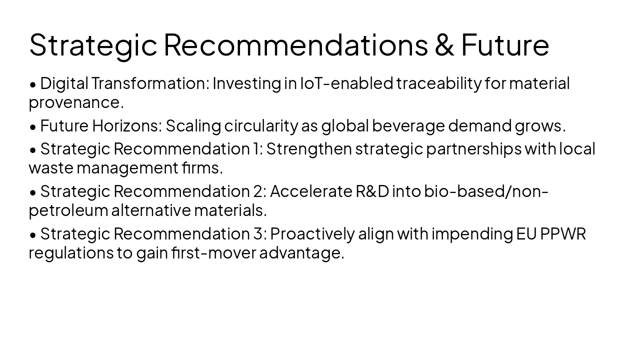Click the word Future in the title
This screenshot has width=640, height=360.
pyautogui.click(x=504, y=44)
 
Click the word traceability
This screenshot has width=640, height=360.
pyautogui.click(x=438, y=83)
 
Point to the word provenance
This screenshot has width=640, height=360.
pyautogui.click(x=76, y=102)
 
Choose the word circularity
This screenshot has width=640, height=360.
pyautogui.click(x=261, y=126)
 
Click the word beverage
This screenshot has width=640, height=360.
pyautogui.click(x=408, y=126)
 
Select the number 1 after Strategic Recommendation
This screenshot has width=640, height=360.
pyautogui.click(x=257, y=149)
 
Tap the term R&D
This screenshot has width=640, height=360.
pyautogui.click(x=372, y=191)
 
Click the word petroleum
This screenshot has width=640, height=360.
pyautogui.click(x=68, y=210)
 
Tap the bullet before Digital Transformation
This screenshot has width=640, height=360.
pyautogui.click(x=33, y=84)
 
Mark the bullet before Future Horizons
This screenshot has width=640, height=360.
pyautogui.click(x=33, y=127)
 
